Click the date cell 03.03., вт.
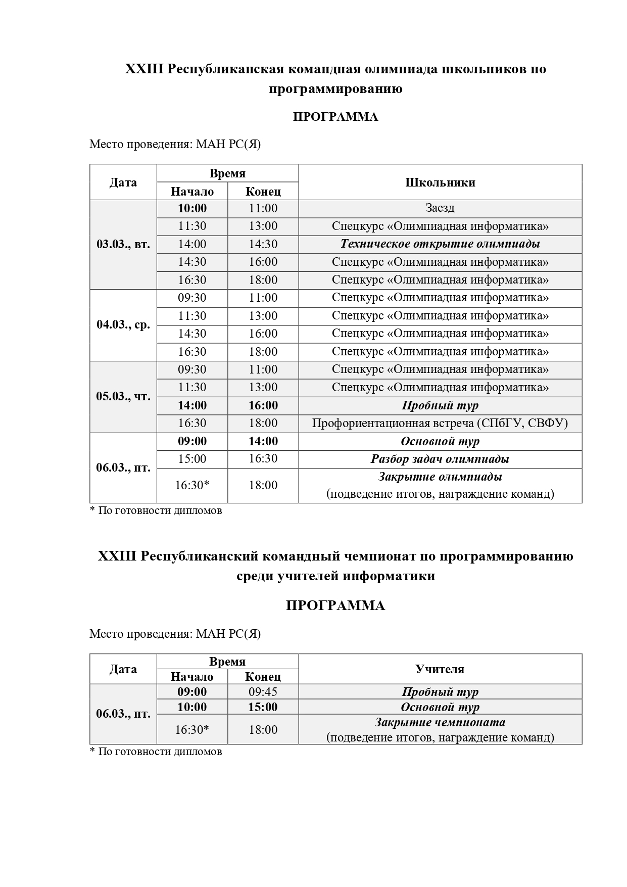point(123,245)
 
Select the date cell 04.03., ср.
point(123,324)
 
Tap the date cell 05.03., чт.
point(123,396)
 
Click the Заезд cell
point(440,208)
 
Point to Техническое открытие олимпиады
point(440,244)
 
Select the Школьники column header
point(440,182)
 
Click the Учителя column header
point(440,669)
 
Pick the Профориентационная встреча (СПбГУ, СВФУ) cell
point(440,423)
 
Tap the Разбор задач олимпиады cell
point(440,459)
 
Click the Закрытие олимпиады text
point(440,477)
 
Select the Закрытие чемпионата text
point(440,722)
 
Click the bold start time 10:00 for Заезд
point(192,208)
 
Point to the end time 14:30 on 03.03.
point(263,244)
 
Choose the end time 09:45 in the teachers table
point(263,691)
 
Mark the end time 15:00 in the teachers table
point(263,707)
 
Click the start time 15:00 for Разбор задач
point(192,459)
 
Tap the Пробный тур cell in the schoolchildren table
point(440,405)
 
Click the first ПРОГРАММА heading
point(335,117)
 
